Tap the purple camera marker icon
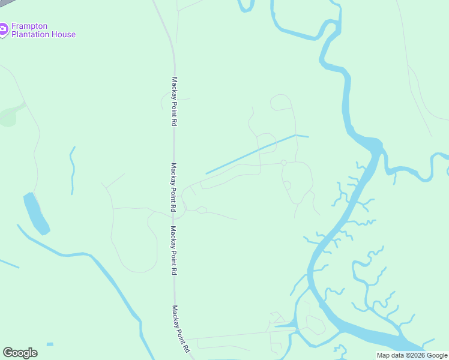[x=4, y=28]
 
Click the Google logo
[x=20, y=353]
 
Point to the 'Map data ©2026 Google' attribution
[x=412, y=355]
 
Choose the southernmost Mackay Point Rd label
[x=181, y=329]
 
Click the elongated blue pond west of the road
[x=36, y=213]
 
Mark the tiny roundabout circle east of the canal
[x=283, y=162]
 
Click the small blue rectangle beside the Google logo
[x=49, y=344]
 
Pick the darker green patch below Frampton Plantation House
[x=7, y=117]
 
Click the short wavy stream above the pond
[x=72, y=170]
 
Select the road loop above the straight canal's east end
[x=281, y=103]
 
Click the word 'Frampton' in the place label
[x=29, y=26]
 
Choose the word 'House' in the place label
[x=65, y=35]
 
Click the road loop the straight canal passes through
[x=267, y=143]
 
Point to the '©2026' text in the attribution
[x=412, y=355]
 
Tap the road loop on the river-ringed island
[x=315, y=324]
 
